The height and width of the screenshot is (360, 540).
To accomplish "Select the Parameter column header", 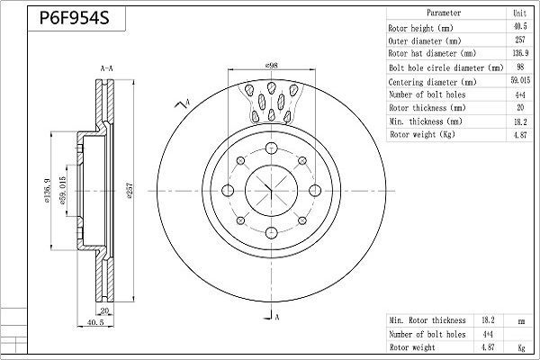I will click(445, 13).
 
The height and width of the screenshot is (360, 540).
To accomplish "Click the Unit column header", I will click(519, 13).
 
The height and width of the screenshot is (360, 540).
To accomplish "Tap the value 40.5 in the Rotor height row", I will click(519, 27).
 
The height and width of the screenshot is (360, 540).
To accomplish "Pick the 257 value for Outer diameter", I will click(519, 40).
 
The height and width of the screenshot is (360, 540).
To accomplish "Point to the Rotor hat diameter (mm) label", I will click(431, 54).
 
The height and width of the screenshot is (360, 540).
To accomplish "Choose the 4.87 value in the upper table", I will click(519, 135).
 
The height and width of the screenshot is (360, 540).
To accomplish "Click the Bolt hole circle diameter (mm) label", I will click(445, 67).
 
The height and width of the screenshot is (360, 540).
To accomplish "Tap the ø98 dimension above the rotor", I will click(270, 66).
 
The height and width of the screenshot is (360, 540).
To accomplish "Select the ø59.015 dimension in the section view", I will click(63, 192).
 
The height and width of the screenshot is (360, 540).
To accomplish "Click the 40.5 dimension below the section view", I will click(95, 320).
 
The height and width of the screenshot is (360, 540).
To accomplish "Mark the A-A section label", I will click(105, 69).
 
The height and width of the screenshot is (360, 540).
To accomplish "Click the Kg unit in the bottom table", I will click(519, 346).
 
